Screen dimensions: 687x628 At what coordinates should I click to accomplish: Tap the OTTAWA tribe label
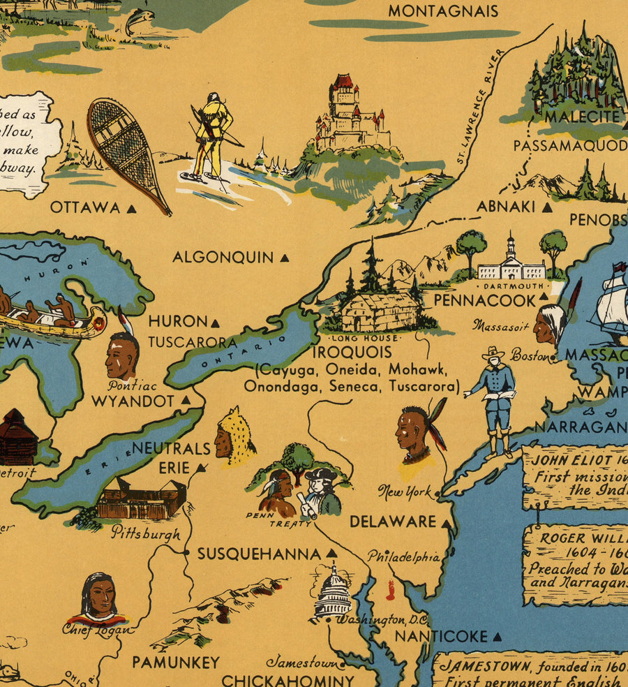pos(85,207)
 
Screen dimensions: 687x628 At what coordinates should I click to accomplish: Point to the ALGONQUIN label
pos(223,258)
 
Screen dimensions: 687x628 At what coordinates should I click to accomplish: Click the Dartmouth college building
pos(511,264)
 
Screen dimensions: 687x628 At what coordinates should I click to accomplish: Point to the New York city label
pos(405,492)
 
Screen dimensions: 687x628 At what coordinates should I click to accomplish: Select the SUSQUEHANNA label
pos(259,554)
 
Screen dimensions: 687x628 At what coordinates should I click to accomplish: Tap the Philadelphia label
pos(403,557)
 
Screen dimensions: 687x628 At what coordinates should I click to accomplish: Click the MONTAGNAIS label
pos(443,11)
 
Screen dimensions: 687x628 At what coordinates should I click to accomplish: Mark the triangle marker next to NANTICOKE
pos(497,637)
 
